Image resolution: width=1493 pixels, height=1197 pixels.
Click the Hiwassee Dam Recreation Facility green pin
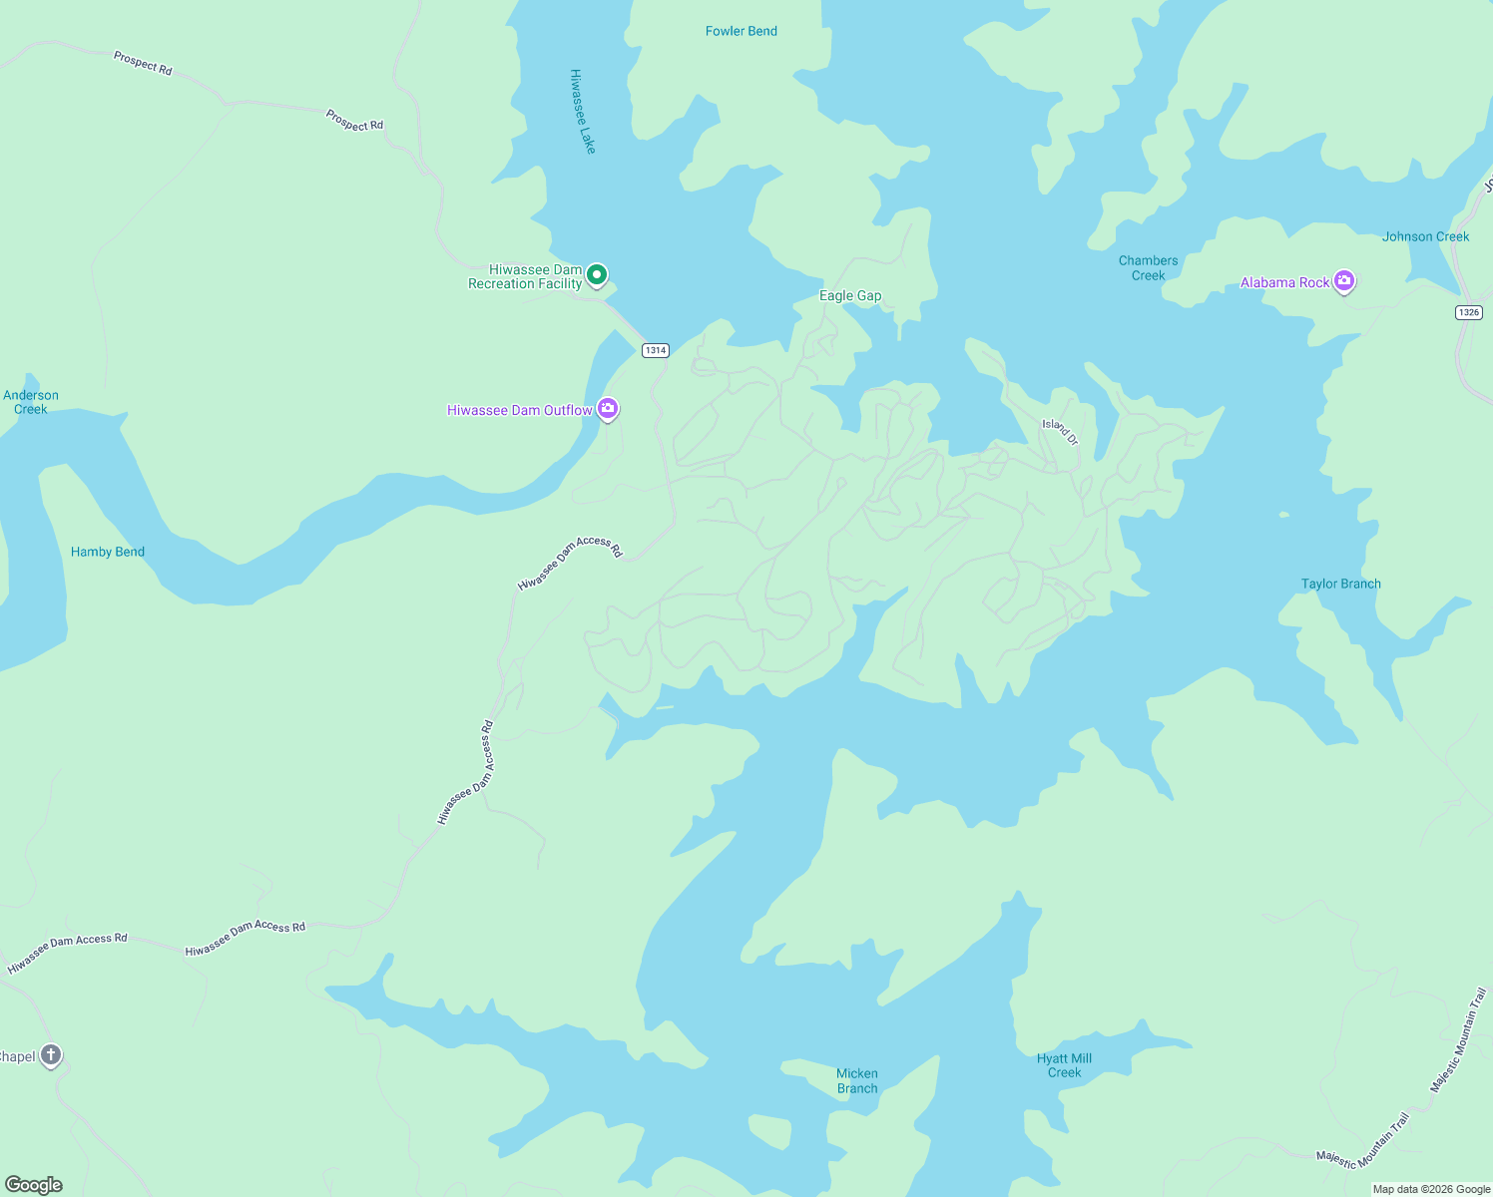coord(597,274)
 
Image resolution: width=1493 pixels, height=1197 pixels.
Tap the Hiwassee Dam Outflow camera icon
coord(608,409)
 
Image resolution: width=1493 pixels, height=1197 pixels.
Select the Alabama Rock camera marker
coord(1344,281)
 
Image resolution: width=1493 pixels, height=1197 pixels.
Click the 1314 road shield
coord(655,350)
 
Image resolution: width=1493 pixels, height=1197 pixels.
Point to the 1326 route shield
coord(1468,312)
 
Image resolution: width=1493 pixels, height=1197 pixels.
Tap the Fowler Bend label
coord(741,31)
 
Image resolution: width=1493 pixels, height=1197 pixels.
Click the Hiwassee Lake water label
coord(582,111)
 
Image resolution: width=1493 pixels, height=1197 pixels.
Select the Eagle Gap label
coord(850,295)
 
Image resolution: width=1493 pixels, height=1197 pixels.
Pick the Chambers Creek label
coord(1148,268)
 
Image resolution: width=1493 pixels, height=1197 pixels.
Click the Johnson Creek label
coord(1425,236)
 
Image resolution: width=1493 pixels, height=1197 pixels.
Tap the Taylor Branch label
coord(1340,584)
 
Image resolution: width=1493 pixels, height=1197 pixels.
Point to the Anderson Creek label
coord(31,402)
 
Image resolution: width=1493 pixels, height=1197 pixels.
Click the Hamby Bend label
coord(108,552)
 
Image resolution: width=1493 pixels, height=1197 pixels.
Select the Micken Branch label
coord(857,1081)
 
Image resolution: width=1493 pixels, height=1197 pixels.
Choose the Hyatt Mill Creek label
coord(1064,1065)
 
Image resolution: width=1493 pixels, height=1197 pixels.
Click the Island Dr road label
coord(1060,432)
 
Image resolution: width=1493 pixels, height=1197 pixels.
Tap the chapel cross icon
coord(51,1055)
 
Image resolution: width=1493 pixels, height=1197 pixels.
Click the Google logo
coord(34,1185)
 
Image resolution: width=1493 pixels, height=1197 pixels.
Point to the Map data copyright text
coord(1431,1189)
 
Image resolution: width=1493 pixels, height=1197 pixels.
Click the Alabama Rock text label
coord(1284,282)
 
